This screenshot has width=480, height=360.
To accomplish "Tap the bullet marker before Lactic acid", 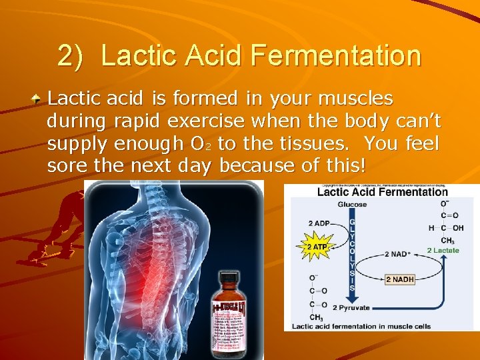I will pos(39,99).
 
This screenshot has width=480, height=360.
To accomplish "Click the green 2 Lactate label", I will pos(443,250).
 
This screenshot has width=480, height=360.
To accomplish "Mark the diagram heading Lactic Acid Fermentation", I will pos(382,192).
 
